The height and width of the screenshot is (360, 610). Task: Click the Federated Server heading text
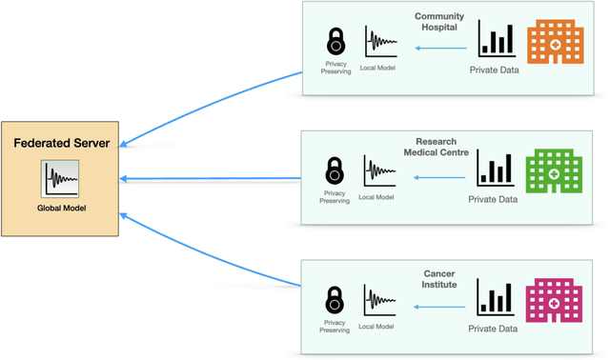click(62, 143)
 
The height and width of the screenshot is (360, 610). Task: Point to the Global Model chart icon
click(60, 179)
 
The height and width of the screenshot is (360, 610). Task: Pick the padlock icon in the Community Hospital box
click(335, 42)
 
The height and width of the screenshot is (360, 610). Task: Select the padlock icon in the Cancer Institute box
click(335, 300)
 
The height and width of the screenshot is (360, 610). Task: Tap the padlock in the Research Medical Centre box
click(335, 171)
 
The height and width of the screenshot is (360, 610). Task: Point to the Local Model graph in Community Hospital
click(378, 42)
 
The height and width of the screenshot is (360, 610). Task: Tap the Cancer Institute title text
click(440, 279)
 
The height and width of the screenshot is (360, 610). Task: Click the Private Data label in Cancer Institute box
click(493, 329)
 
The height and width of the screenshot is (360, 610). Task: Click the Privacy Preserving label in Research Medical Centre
click(335, 197)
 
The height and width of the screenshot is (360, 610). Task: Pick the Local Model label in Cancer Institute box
click(376, 327)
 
